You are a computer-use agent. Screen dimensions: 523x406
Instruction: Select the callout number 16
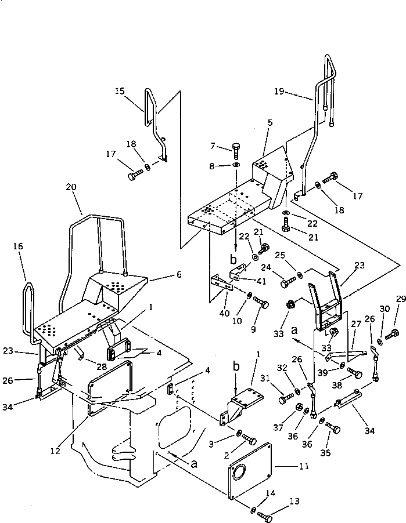click(18, 246)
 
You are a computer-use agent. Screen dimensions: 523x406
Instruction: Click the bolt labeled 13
click(266, 514)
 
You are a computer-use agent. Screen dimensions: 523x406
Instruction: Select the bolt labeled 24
click(288, 283)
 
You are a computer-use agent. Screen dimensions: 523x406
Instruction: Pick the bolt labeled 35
click(333, 430)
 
